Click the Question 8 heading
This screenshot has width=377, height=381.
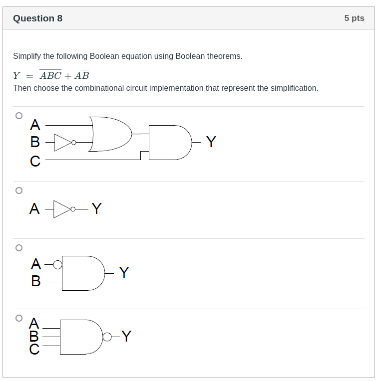[37, 18]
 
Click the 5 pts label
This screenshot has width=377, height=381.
[354, 18]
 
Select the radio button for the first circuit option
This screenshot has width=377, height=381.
[19, 116]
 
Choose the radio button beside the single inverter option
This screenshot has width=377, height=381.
[19, 190]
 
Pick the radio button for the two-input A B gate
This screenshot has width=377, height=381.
[19, 247]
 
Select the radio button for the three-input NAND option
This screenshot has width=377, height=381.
[19, 318]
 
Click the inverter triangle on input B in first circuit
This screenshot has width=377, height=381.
[62, 142]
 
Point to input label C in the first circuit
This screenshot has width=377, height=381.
[35, 161]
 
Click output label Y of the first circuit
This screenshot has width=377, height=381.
[211, 142]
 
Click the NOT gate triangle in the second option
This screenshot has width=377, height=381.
[62, 209]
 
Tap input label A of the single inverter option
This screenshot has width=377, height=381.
[34, 209]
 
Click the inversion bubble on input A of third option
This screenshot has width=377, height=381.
[58, 265]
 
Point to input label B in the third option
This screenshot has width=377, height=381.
[35, 281]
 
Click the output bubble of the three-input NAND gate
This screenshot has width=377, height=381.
[107, 337]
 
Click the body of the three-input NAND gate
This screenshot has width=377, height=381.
[80, 337]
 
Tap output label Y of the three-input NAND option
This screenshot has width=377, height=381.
[126, 337]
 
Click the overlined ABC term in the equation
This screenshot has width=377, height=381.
[50, 76]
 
